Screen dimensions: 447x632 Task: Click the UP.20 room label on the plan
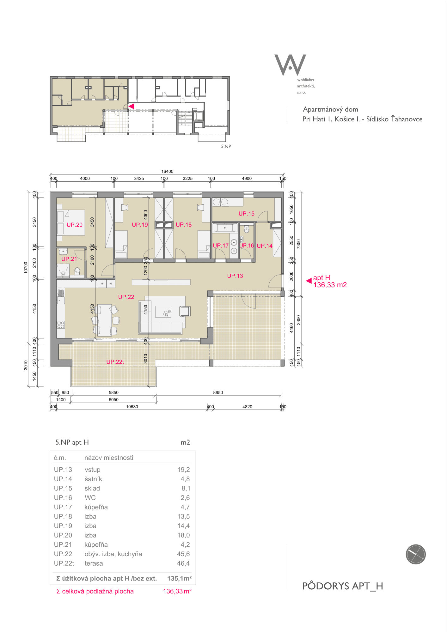[75, 225]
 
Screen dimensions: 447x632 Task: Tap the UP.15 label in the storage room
[247, 214]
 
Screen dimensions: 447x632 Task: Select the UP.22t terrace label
[115, 362]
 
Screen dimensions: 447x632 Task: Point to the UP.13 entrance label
[235, 276]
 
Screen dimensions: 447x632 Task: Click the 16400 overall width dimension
[167, 171]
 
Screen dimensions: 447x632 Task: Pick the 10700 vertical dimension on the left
[26, 268]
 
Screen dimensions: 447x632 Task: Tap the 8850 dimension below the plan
[218, 392]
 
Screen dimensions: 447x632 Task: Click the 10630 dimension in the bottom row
[132, 407]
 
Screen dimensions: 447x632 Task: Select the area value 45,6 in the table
[183, 554]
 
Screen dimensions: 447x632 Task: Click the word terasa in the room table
[94, 563]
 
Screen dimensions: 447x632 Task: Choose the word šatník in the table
[93, 479]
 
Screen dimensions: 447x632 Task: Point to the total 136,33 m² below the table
[177, 591]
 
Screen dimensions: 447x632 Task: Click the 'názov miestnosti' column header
[109, 458]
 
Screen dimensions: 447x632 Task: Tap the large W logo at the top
[290, 65]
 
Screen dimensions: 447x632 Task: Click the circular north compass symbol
[416, 554]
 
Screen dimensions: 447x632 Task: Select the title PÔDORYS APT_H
[343, 586]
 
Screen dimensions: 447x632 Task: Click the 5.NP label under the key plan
[226, 146]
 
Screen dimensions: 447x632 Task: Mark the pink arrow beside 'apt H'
[309, 281]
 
